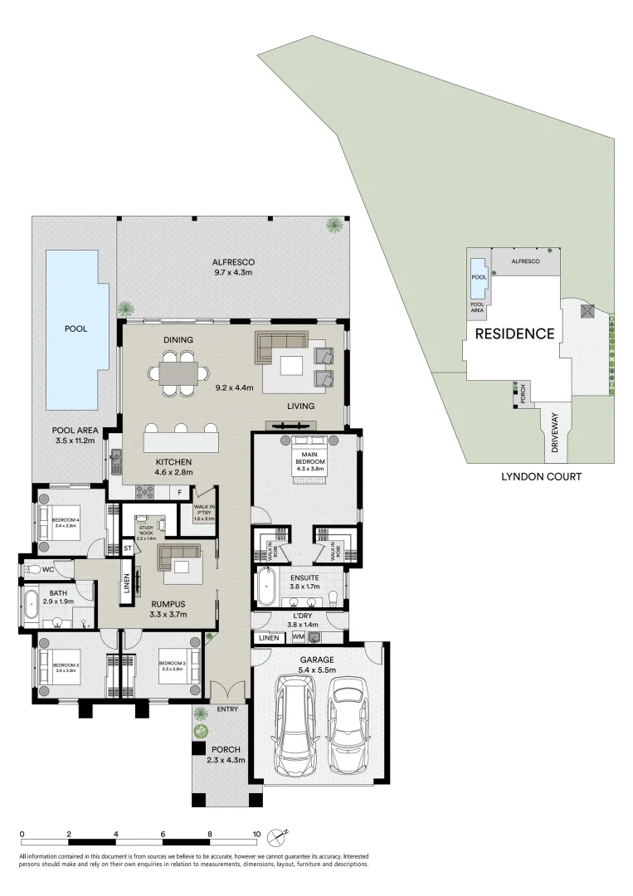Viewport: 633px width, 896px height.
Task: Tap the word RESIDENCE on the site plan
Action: click(x=514, y=334)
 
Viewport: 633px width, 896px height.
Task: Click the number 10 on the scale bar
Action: click(x=256, y=835)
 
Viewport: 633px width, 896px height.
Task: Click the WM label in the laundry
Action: click(x=298, y=637)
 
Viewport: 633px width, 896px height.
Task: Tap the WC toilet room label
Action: click(x=48, y=570)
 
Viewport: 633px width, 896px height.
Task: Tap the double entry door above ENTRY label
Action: click(x=226, y=690)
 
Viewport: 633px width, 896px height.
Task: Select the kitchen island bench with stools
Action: click(x=182, y=437)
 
